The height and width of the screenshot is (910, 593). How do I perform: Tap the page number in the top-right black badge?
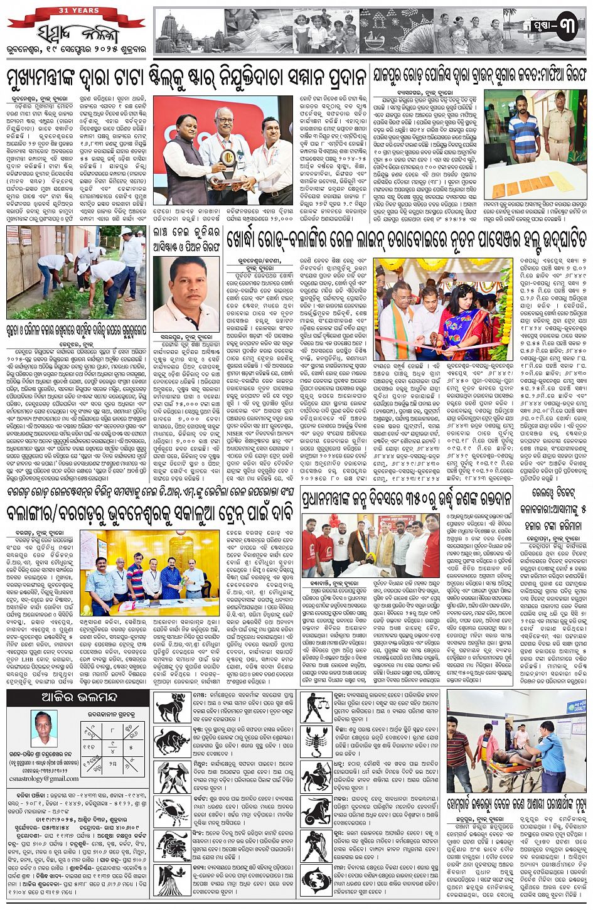pos(565,28)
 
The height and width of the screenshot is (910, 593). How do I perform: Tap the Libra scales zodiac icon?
pos(315,706)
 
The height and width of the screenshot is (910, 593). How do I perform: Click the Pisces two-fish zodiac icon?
pos(315,879)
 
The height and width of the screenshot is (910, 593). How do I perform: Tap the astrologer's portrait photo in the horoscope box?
pos(42,729)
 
